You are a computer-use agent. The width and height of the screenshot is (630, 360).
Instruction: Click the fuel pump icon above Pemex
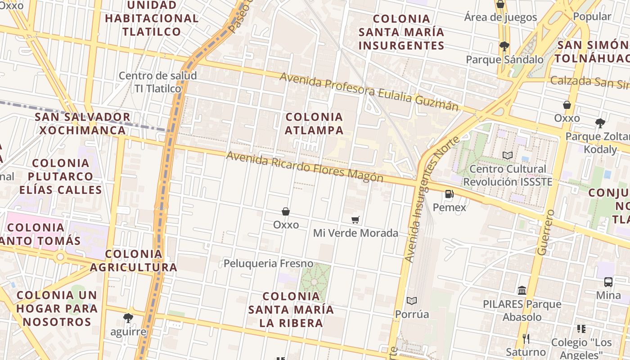(449, 194)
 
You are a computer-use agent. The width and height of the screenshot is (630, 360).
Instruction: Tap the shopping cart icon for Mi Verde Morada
(355, 220)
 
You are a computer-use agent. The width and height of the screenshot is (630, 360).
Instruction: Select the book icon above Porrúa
(412, 301)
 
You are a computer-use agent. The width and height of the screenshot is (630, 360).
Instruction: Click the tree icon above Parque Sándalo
(504, 46)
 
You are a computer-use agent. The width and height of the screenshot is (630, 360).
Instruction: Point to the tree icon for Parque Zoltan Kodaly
(600, 123)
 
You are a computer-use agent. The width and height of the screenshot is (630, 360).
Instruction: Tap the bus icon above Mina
(608, 282)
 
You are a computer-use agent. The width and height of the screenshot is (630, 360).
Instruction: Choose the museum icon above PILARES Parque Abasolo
(522, 291)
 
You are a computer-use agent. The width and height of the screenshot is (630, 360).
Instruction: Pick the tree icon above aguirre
(128, 318)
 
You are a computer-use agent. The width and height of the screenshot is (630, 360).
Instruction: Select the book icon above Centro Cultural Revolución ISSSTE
(508, 155)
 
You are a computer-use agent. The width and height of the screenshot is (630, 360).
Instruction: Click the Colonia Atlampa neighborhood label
(314, 124)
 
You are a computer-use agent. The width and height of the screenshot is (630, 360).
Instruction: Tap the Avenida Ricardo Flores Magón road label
(305, 167)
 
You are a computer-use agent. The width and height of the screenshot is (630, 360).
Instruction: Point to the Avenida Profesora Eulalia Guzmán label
(369, 91)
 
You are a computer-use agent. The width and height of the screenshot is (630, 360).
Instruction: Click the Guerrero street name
(545, 232)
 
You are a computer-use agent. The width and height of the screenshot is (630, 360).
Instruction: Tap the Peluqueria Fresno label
(269, 263)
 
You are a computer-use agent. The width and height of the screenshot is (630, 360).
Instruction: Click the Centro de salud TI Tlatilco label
(157, 82)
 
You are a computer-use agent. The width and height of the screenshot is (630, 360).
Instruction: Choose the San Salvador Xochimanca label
(83, 124)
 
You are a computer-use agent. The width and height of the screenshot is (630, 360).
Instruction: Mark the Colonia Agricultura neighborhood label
(133, 261)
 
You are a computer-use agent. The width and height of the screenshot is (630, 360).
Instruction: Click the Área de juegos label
(500, 17)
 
